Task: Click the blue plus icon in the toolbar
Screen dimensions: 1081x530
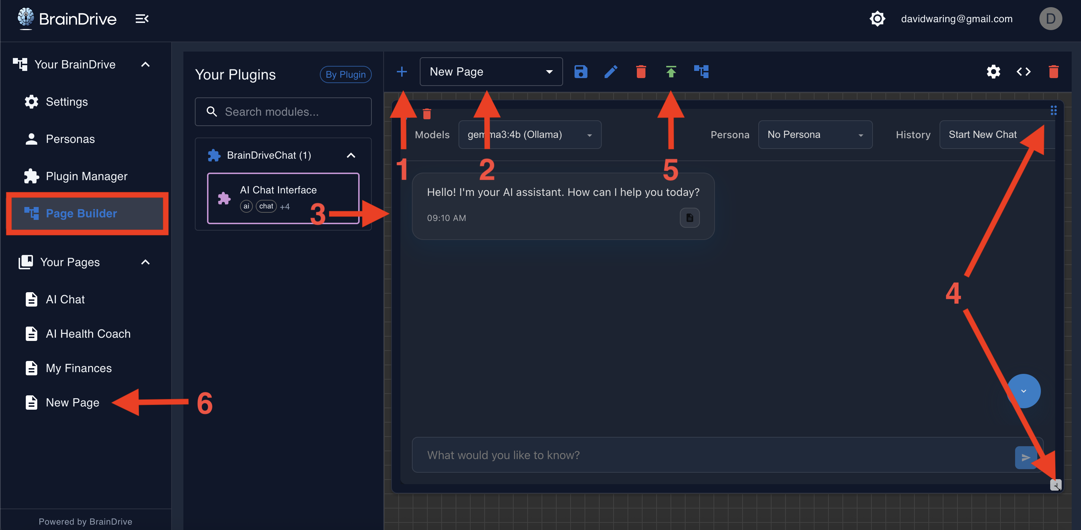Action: (x=402, y=72)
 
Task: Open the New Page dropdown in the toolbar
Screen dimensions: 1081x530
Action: (x=491, y=72)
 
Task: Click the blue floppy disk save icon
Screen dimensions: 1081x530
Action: (x=581, y=72)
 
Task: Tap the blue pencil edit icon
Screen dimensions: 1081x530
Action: (x=611, y=72)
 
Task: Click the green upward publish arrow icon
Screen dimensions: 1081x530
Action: (x=671, y=72)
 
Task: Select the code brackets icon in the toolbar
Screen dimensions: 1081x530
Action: (x=1023, y=72)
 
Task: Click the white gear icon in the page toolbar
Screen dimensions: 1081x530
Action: (x=993, y=72)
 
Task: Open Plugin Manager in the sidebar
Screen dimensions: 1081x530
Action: (x=86, y=176)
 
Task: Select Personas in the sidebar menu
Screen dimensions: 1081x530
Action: (x=70, y=139)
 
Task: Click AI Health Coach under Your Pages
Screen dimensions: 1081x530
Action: (x=88, y=334)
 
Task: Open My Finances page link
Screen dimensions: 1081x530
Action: (x=78, y=368)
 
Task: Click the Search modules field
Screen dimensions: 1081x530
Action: (x=283, y=112)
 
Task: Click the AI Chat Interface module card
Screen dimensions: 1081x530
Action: (x=283, y=198)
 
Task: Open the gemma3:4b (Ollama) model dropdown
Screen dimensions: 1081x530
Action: (x=530, y=135)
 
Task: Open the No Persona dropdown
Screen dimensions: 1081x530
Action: (x=815, y=135)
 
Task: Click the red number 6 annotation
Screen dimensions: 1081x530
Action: (x=205, y=403)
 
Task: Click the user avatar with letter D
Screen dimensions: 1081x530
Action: (x=1050, y=19)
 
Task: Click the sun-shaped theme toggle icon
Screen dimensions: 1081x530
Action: (x=877, y=19)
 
